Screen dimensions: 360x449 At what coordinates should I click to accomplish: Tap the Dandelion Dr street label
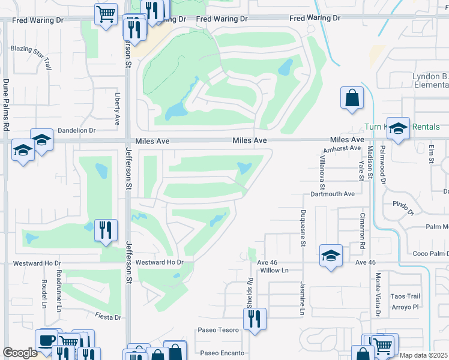[x=76, y=130]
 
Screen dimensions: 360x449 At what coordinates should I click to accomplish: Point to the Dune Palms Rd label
[x=6, y=104]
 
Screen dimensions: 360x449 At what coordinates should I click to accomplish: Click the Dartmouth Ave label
[x=333, y=194]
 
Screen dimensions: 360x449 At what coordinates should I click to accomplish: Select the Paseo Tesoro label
[x=218, y=330]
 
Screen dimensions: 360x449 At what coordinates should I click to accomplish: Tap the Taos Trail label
[x=405, y=296]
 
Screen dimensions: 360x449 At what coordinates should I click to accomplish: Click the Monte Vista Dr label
[x=378, y=294]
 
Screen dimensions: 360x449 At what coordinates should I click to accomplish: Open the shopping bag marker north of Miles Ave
[x=352, y=98]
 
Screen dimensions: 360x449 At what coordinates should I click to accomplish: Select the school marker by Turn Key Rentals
[x=397, y=128]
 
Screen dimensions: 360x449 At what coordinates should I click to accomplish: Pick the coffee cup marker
[x=46, y=340]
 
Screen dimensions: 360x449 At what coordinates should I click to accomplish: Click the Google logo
[x=20, y=353]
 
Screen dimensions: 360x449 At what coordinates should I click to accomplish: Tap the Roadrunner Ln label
[x=58, y=290]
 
